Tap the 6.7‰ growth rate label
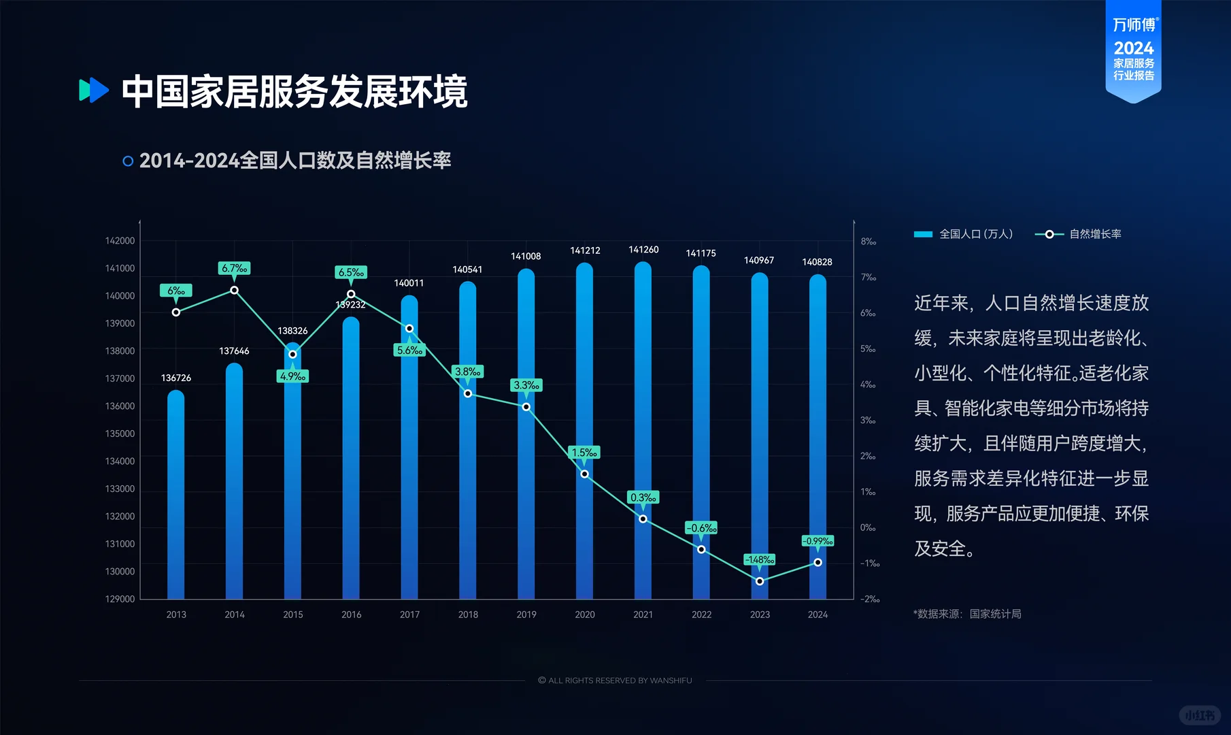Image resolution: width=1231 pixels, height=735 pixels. click(234, 268)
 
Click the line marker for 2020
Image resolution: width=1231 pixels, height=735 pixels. click(584, 474)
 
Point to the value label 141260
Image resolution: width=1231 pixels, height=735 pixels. click(643, 250)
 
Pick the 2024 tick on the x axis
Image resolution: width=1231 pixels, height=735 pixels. click(817, 615)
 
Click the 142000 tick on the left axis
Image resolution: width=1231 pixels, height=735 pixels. click(120, 241)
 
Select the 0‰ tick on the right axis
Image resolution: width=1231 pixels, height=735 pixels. click(868, 527)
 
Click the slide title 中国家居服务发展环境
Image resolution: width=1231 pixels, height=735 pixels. click(294, 92)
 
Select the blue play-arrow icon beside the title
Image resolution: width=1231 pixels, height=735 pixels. click(94, 90)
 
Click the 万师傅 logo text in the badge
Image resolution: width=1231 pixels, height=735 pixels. click(1134, 25)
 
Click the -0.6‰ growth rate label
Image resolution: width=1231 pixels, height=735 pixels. click(701, 528)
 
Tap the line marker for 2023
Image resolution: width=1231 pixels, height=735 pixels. click(760, 581)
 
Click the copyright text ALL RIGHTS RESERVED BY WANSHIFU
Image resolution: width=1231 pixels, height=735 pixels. click(615, 681)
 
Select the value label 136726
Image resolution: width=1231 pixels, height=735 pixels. click(175, 378)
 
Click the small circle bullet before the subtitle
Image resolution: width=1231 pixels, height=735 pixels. click(128, 161)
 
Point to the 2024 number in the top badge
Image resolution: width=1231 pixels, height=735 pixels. click(1134, 48)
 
